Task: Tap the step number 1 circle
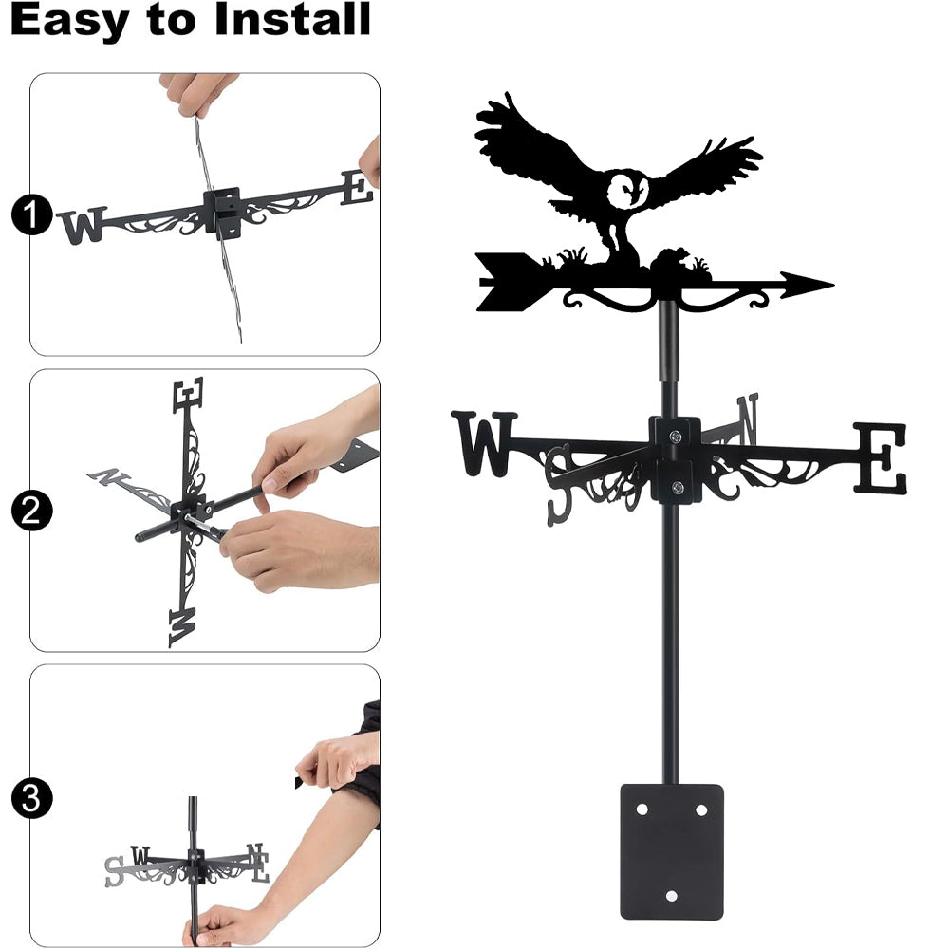pos(31,214)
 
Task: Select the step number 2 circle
pos(31,511)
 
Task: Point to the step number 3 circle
pos(31,798)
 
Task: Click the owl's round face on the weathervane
pos(627,191)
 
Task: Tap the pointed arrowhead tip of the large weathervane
pos(833,284)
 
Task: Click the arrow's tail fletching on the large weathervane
pos(507,282)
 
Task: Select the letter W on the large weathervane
pos(484,443)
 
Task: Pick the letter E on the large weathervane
pos(880,457)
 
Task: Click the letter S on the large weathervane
pos(559,485)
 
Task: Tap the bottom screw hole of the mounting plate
pos(671,896)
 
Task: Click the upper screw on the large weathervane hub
pos(676,436)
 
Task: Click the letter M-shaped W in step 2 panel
pos(183,627)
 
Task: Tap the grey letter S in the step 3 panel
pos(114,871)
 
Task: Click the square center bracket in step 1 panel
pos(223,212)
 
